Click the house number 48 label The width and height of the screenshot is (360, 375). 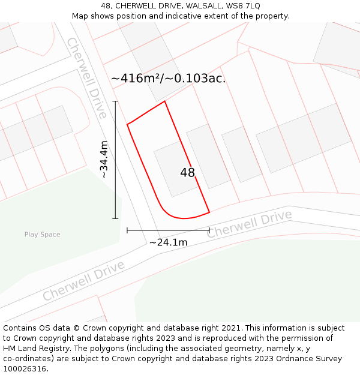click(x=187, y=173)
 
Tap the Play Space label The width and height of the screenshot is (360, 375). click(x=42, y=235)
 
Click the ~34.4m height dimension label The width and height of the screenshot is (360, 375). click(x=104, y=160)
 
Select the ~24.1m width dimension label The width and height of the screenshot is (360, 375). click(x=168, y=242)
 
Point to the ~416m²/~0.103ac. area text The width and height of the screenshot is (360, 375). click(x=168, y=78)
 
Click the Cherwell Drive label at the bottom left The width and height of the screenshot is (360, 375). click(x=83, y=281)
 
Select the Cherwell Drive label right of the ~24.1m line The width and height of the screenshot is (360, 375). click(x=249, y=223)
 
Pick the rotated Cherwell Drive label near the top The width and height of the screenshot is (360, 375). click(x=87, y=77)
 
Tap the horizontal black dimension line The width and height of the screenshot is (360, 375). click(x=168, y=230)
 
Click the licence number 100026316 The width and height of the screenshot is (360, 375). click(x=24, y=369)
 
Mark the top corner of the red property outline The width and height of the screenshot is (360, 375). click(x=164, y=101)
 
